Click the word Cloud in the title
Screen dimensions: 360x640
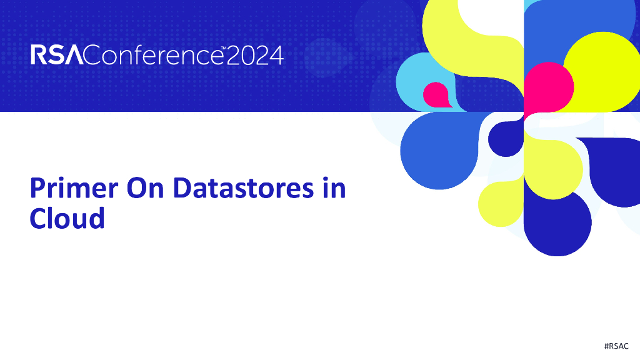point(67,218)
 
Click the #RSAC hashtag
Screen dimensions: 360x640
point(616,346)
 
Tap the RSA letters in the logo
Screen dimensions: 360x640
point(56,56)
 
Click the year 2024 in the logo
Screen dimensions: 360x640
point(254,56)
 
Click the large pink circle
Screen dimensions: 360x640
point(548,87)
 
